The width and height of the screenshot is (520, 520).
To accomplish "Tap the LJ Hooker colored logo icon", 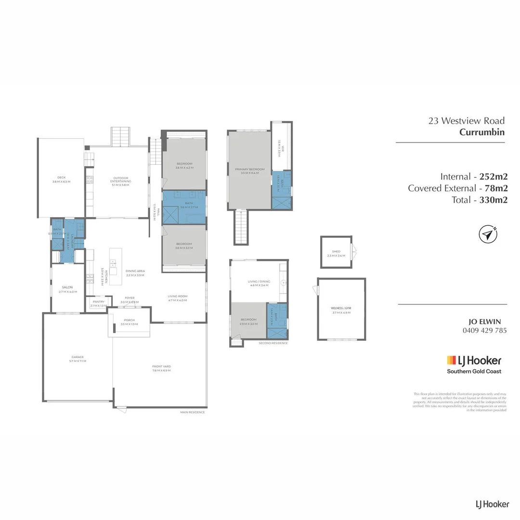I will tap(452, 360).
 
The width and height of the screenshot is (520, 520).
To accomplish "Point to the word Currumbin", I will tap(481, 132).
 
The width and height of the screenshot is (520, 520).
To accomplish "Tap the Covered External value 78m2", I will tap(494, 188).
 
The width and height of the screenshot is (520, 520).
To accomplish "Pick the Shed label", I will tap(336, 251).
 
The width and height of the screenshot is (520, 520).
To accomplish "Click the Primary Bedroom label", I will tap(249, 169).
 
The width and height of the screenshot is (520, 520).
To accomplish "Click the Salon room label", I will tap(67, 287).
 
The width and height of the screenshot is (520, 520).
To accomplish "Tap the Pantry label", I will tap(98, 302).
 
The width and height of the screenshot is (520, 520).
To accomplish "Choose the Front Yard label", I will tap(161, 366).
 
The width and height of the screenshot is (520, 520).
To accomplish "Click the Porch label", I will tap(129, 320).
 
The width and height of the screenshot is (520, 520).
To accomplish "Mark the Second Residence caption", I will tap(273, 343).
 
